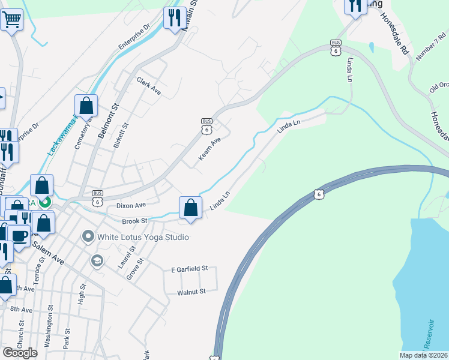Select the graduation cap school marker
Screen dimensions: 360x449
coord(96,261)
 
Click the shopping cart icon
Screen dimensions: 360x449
coord(12,21)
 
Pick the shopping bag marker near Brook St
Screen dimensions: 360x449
coord(190,208)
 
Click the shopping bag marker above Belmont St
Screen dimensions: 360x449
coord(86,106)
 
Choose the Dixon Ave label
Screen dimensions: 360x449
coord(131,205)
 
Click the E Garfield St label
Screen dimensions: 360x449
coord(189,269)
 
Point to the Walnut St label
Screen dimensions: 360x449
coord(191,292)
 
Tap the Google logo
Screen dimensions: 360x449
coord(20,352)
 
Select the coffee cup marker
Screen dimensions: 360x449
coord(19,235)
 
